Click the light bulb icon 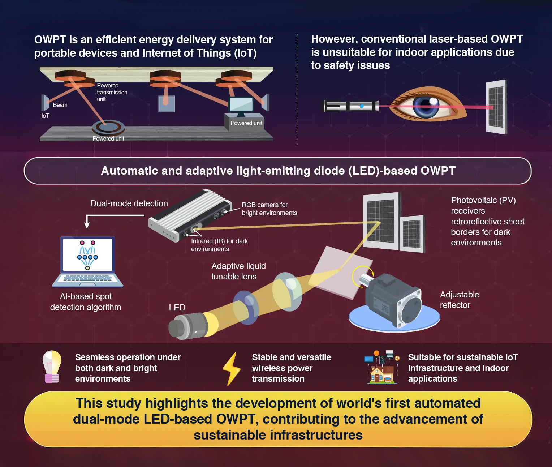coord(52,367)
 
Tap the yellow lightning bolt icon coord(231,368)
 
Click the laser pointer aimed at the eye coord(350,106)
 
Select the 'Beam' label coord(60,105)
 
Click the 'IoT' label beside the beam coord(45,116)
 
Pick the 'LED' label coord(177,308)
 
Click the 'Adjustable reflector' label coord(459,300)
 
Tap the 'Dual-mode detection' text coord(129,203)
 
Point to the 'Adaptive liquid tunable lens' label coord(238,271)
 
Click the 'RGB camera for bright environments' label coord(269,209)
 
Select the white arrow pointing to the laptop coord(87,221)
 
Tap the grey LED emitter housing coord(188,325)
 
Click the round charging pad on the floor coord(108,128)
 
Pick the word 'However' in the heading coord(333,39)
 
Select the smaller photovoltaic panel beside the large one coord(412,233)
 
